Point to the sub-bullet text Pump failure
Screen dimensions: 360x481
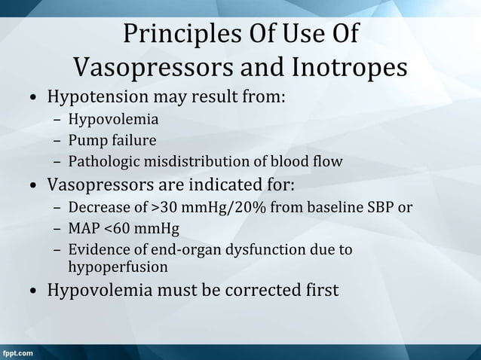tap(112, 140)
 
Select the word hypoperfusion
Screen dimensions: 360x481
tap(118, 267)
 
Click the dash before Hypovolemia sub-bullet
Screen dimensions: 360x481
tap(57, 119)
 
